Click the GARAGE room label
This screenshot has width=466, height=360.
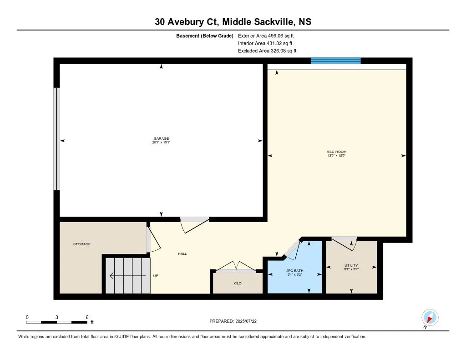pyautogui.click(x=161, y=138)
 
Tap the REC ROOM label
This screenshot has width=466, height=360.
pyautogui.click(x=336, y=152)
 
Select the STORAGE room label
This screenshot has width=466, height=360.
pyautogui.click(x=82, y=244)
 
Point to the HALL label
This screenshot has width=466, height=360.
pyautogui.click(x=182, y=254)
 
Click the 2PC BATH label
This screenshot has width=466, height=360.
pyautogui.click(x=294, y=270)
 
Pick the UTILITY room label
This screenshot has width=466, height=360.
pyautogui.click(x=351, y=265)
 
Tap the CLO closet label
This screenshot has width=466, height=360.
pyautogui.click(x=238, y=283)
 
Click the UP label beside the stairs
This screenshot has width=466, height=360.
pyautogui.click(x=156, y=275)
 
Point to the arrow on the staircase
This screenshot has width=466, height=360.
pyautogui.click(x=128, y=276)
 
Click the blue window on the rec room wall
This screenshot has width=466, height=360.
pyautogui.click(x=335, y=61)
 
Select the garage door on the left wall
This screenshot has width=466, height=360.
pyautogui.click(x=56, y=138)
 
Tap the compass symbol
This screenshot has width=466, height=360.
pyautogui.click(x=430, y=318)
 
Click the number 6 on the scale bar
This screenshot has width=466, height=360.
pyautogui.click(x=87, y=317)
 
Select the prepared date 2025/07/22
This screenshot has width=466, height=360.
pyautogui.click(x=246, y=321)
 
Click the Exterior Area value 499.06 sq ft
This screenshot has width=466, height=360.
pyautogui.click(x=281, y=35)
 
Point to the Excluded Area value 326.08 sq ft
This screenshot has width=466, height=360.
pyautogui.click(x=284, y=51)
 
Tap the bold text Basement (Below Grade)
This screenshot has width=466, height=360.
pyautogui.click(x=204, y=35)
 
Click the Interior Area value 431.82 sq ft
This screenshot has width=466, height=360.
pyautogui.click(x=279, y=43)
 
